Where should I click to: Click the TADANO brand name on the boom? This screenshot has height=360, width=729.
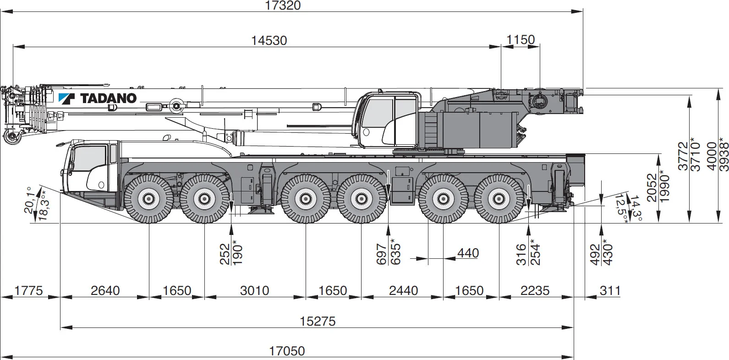pos(108,98)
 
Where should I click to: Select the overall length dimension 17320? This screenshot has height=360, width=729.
pos(283,5)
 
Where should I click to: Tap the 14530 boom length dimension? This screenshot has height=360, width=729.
pos(269,40)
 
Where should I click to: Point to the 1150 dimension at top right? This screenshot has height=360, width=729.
pos(521,40)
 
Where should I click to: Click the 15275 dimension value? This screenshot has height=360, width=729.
pos(318,321)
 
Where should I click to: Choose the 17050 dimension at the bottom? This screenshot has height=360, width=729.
pos(287,351)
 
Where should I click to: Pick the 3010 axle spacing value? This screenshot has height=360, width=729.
pos(255,290)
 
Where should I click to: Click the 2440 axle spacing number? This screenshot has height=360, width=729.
pos(403,290)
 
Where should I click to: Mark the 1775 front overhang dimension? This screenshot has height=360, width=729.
pos(28,290)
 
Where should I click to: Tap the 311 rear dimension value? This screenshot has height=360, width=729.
pos(610,290)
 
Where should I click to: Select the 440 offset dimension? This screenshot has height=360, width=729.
pos(468,253)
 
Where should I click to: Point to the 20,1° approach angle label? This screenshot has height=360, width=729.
pos(30,200)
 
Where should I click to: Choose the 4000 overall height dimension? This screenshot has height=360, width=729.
pos(711,156)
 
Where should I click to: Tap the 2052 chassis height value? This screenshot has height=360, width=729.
pos(652,187)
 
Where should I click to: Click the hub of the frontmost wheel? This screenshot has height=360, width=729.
pos(148,199)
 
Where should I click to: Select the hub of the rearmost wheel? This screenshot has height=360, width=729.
pos(499,199)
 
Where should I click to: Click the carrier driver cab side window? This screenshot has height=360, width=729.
pos(89,159)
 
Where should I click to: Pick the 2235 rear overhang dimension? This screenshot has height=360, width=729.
pos(535,290)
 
